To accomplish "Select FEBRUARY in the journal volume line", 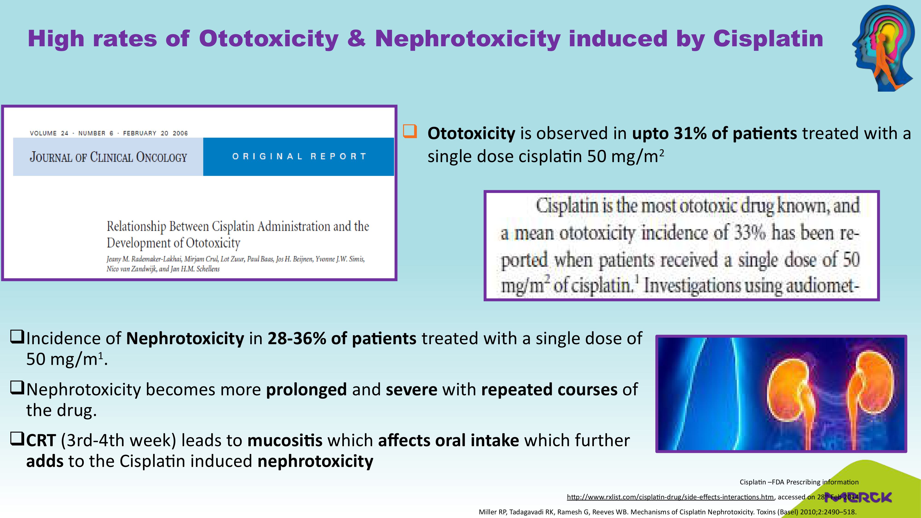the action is click(140, 133).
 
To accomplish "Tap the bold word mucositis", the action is click(285, 440).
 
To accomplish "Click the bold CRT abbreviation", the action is click(41, 440).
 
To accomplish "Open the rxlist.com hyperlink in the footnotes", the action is click(670, 497).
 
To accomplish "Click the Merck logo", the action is click(858, 497).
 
